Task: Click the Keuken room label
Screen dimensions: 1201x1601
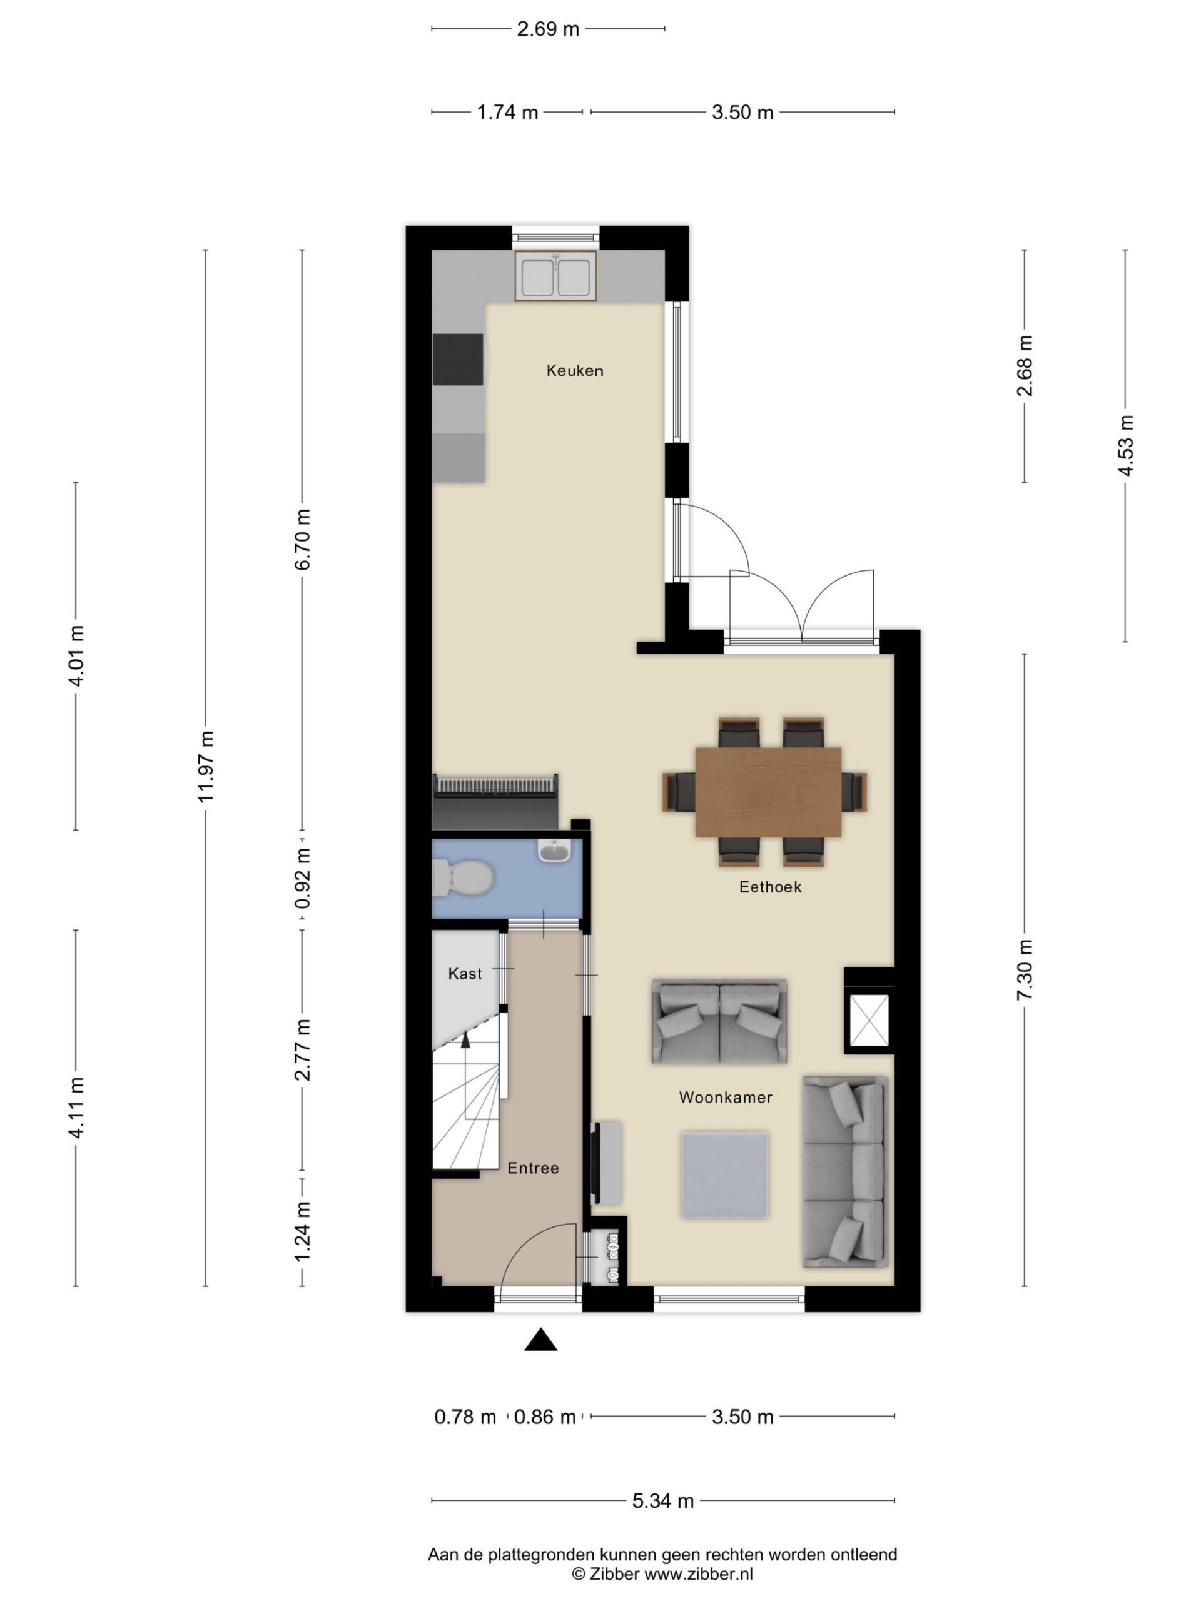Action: (x=574, y=371)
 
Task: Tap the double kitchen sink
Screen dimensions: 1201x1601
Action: (x=555, y=276)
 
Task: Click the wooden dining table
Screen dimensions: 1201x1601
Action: (x=768, y=792)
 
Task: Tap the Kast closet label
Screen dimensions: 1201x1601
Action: (x=465, y=974)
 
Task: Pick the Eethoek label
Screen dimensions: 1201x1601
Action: (x=770, y=887)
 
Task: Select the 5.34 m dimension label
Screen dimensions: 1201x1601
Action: (x=663, y=1500)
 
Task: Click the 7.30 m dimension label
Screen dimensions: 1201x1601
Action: (x=1025, y=970)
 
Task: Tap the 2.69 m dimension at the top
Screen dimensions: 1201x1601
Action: (x=548, y=29)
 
